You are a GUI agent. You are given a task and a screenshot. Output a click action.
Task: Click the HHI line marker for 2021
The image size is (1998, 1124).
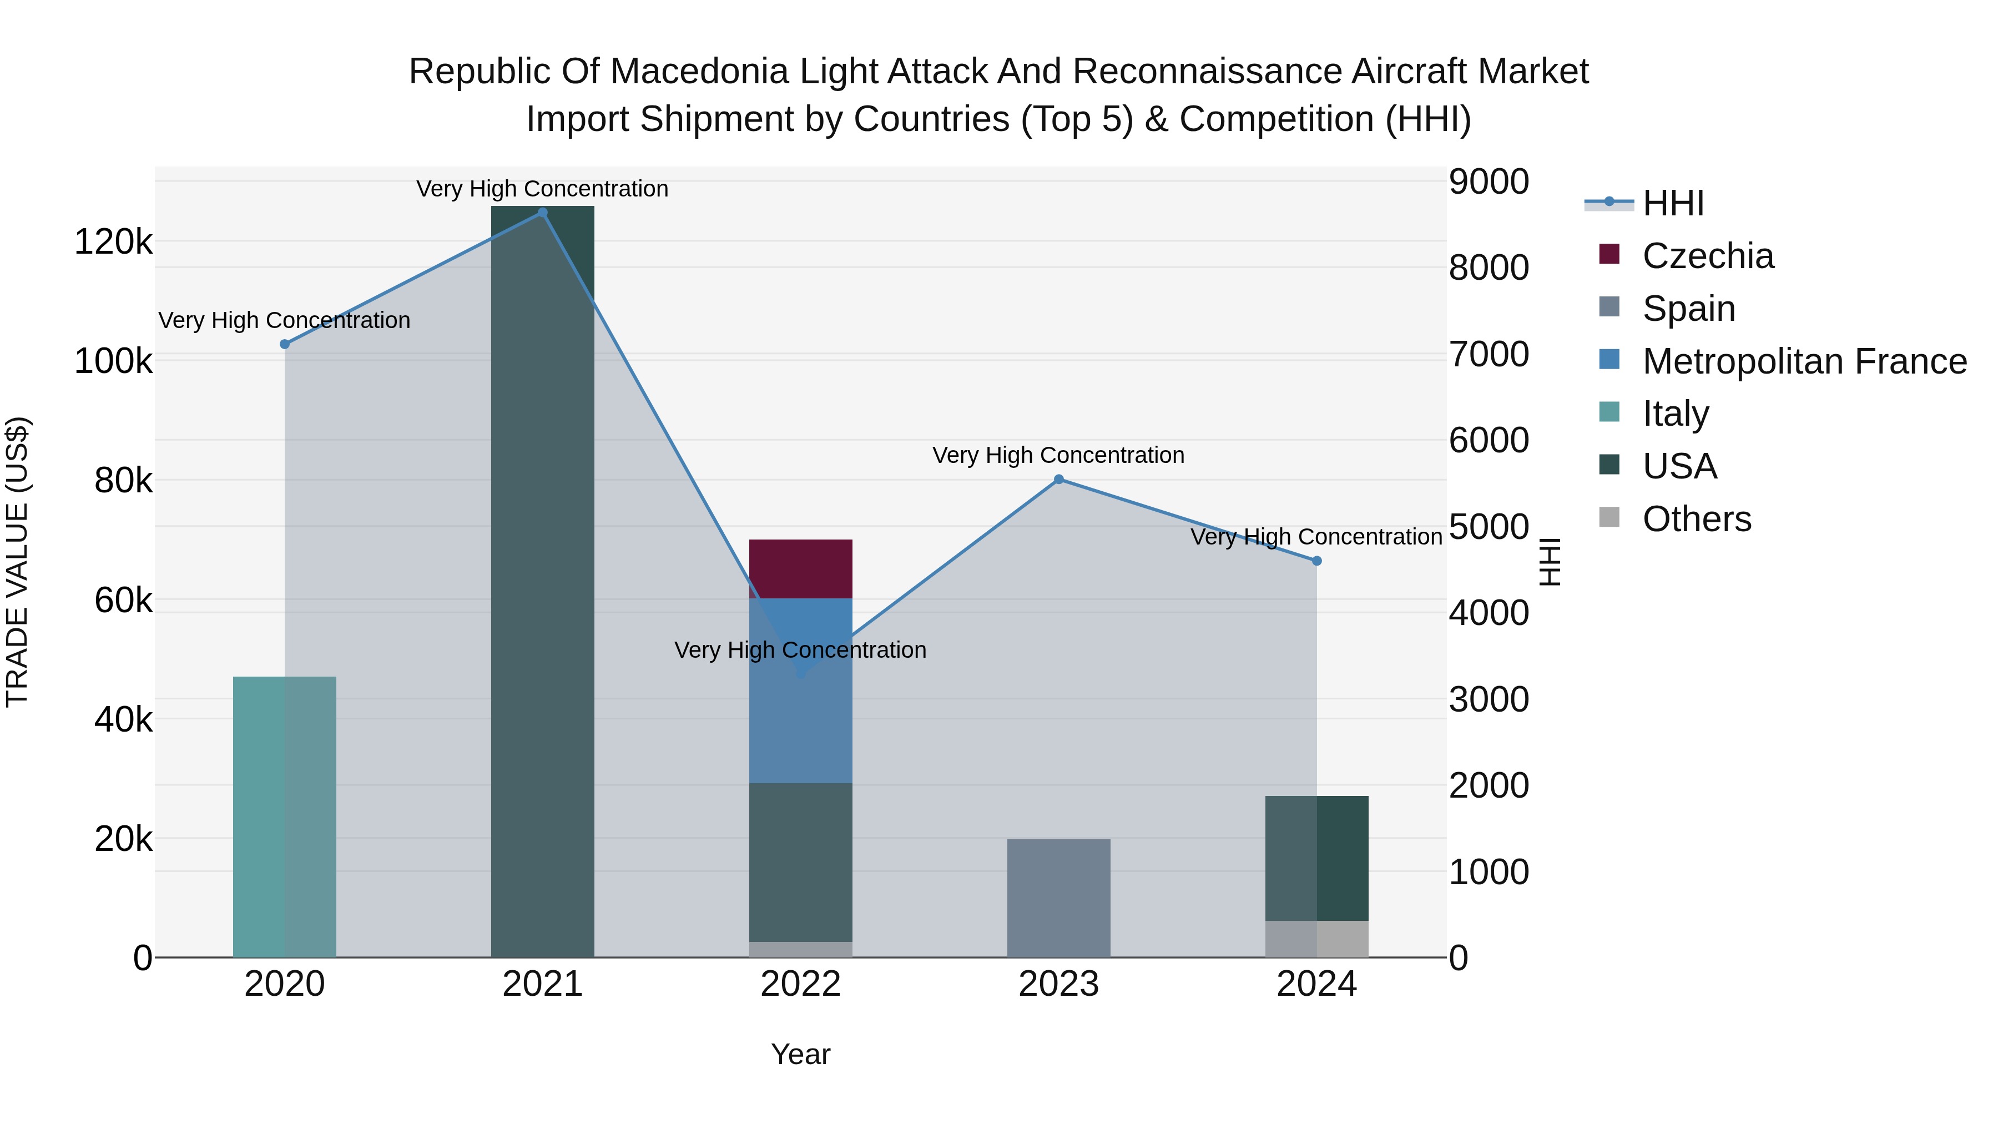pos(542,213)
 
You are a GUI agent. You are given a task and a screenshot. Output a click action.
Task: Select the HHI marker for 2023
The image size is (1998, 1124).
pos(1059,480)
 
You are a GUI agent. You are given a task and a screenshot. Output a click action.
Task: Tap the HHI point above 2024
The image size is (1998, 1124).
pos(1316,561)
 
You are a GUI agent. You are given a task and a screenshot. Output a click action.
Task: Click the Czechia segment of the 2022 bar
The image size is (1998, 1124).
pos(800,568)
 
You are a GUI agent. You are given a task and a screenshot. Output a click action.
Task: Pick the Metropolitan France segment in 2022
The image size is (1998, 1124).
pos(800,690)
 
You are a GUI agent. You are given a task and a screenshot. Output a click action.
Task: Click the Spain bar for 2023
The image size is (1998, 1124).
pos(1059,898)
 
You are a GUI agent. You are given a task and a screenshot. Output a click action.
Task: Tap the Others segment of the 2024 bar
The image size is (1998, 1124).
pos(1316,939)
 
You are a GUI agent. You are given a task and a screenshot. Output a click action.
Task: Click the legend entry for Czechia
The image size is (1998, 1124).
pos(1707,256)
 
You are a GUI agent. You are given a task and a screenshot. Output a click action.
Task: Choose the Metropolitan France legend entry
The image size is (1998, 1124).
pos(1804,361)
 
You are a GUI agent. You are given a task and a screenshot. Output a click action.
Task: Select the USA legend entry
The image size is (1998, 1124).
pos(1679,466)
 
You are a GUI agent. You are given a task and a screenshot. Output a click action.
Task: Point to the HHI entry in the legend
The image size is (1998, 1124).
pos(1673,203)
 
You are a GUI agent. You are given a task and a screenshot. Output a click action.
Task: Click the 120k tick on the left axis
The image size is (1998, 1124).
pos(113,242)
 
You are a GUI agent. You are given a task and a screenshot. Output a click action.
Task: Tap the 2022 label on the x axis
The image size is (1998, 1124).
pos(800,984)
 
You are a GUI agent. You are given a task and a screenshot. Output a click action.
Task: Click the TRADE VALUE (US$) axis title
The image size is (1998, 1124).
pos(17,562)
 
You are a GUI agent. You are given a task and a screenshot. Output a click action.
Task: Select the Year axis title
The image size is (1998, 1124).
pos(800,1054)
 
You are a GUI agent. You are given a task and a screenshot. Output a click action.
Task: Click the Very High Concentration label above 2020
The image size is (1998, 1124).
pos(285,320)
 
